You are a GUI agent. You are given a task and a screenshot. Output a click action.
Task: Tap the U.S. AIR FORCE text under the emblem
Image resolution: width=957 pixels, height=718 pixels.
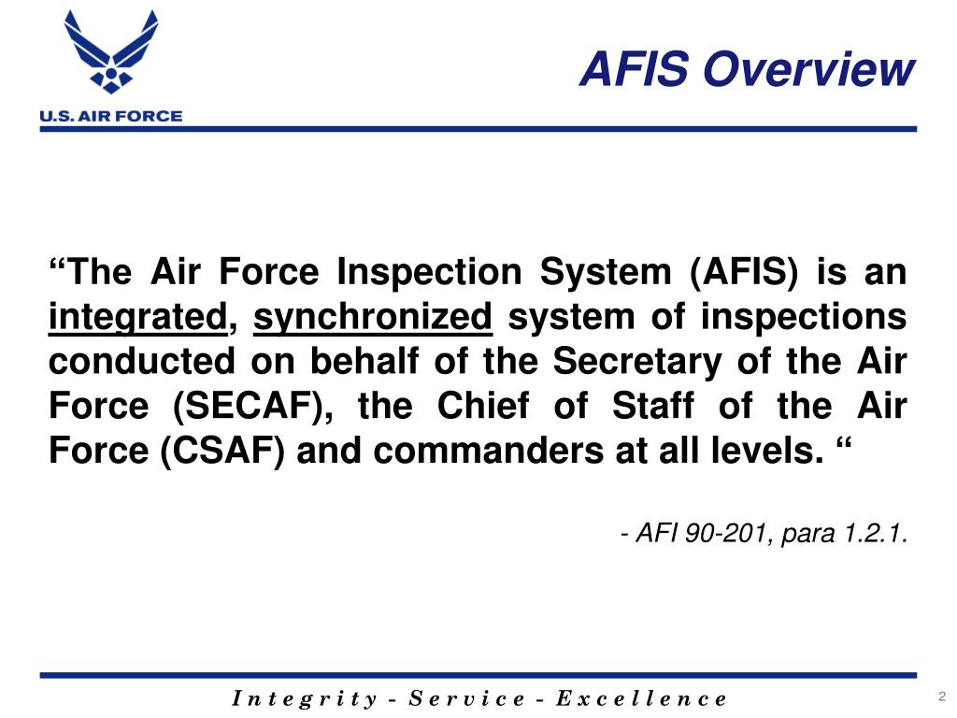110,117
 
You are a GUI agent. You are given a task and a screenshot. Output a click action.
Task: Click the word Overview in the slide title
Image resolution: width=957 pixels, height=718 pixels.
807,70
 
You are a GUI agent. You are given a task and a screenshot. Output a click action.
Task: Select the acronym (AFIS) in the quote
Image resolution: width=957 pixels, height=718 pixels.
744,274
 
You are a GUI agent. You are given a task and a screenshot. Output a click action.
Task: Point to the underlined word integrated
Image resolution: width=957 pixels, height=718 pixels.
137,319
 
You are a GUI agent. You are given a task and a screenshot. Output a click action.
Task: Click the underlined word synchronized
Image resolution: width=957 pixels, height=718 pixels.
373,319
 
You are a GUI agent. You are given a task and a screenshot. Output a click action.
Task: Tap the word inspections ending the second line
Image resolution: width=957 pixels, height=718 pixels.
803,319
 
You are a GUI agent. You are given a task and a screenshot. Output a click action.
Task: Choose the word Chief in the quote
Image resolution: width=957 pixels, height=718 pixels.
478,408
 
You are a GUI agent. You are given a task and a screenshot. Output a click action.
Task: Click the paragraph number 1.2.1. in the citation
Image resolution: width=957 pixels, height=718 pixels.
875,534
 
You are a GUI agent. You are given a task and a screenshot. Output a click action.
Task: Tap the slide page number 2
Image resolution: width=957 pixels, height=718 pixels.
942,696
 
